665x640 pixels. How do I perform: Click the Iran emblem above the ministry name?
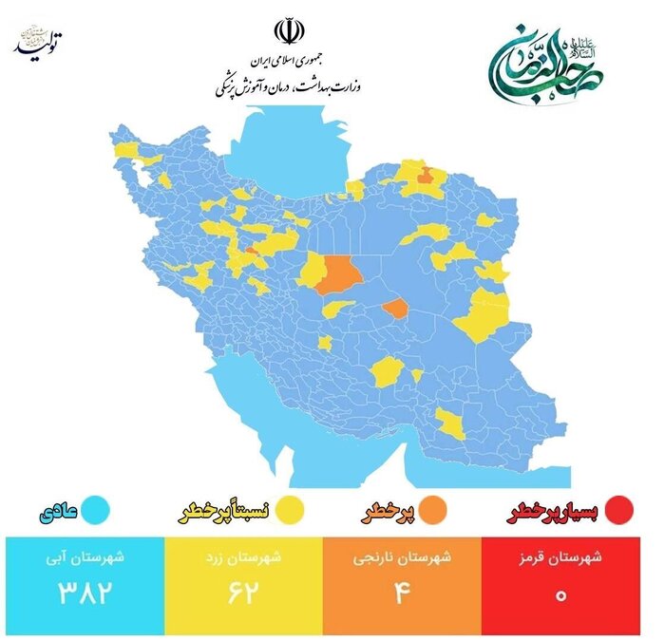coord(285,29)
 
